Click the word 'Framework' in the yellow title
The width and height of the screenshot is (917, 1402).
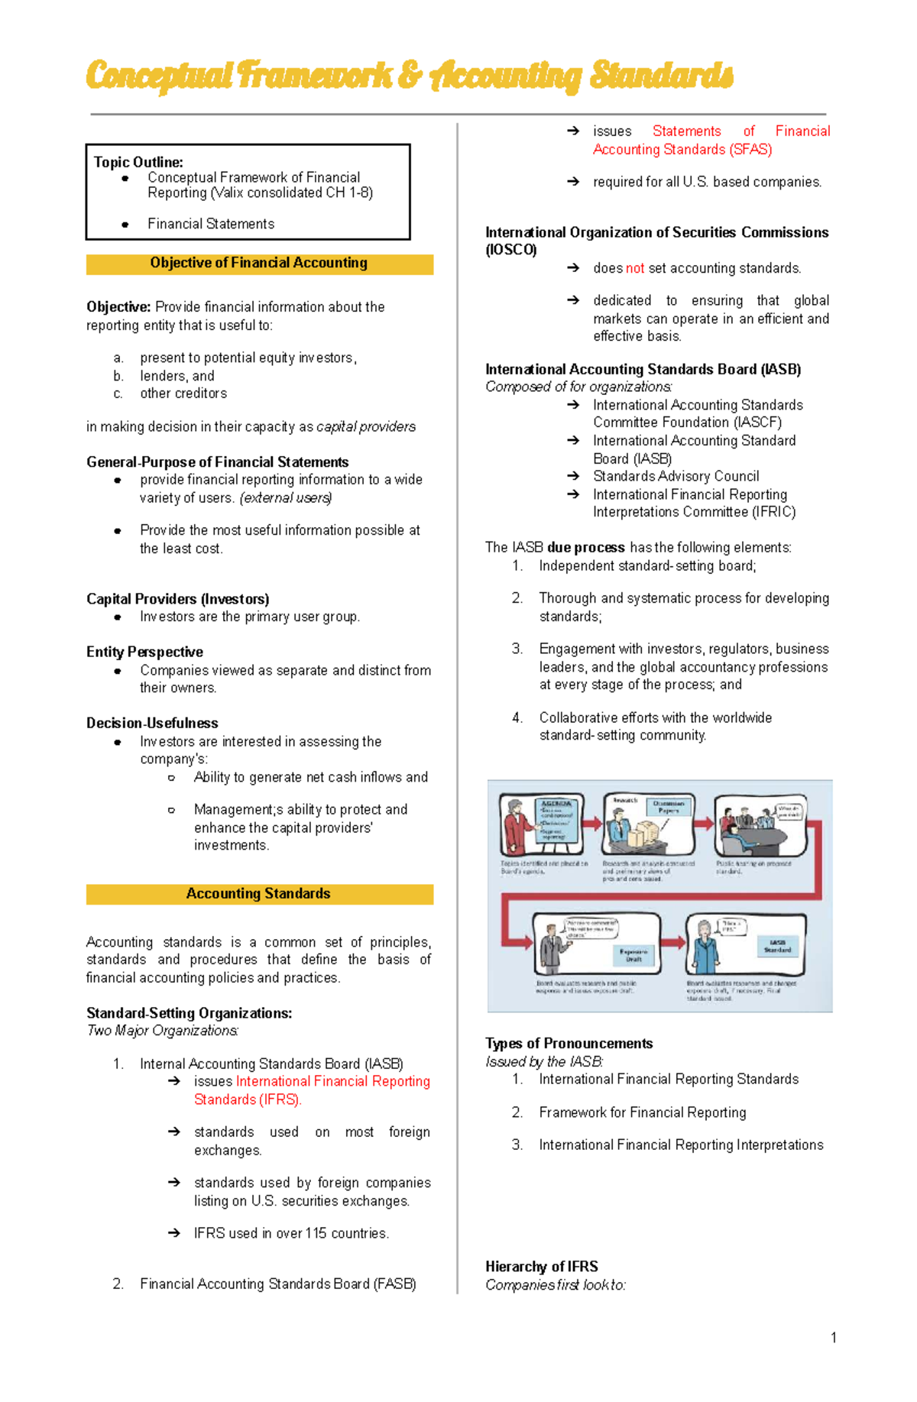pyautogui.click(x=315, y=76)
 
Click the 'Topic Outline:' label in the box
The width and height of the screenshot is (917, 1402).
pyautogui.click(x=138, y=162)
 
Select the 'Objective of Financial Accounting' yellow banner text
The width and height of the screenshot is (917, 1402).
pyautogui.click(x=258, y=263)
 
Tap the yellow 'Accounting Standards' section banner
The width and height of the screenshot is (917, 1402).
pyautogui.click(x=258, y=894)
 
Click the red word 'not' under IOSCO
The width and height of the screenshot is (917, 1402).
pyautogui.click(x=634, y=268)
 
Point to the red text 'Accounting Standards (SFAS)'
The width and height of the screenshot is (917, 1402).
pyautogui.click(x=682, y=150)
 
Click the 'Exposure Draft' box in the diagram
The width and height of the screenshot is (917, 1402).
pyautogui.click(x=633, y=955)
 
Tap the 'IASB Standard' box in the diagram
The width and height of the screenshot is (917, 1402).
pyautogui.click(x=777, y=946)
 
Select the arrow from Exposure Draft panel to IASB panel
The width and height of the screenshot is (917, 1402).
pyautogui.click(x=673, y=942)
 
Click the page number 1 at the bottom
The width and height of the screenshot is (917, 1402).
pyautogui.click(x=833, y=1338)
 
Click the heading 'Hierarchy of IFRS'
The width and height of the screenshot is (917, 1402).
pyautogui.click(x=541, y=1267)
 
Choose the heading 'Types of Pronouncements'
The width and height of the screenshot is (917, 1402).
pyautogui.click(x=569, y=1044)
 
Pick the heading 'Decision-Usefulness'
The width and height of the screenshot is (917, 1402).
pyautogui.click(x=152, y=723)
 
